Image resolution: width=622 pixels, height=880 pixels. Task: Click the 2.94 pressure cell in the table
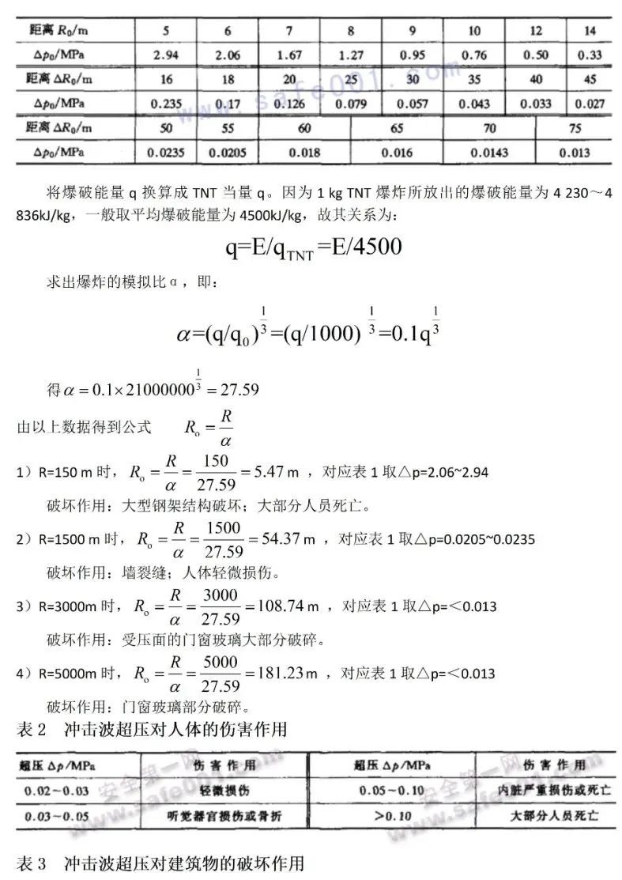[x=166, y=55]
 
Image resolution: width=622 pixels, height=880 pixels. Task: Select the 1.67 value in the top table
[x=289, y=55]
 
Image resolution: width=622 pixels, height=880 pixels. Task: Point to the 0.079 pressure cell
[x=350, y=104]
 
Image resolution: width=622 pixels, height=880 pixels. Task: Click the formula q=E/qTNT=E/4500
[x=314, y=247]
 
